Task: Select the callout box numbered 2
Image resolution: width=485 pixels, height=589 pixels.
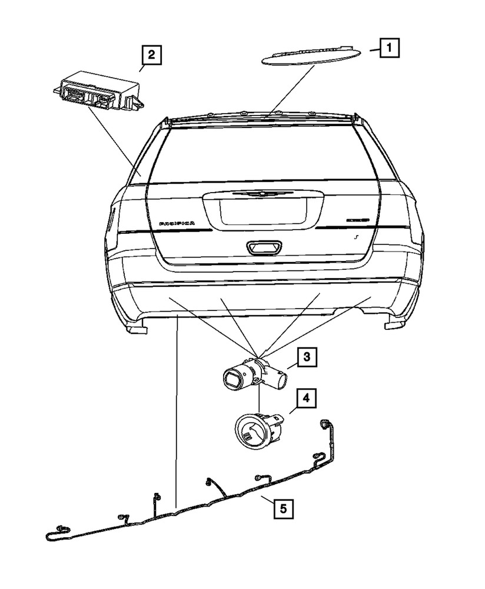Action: pyautogui.click(x=151, y=56)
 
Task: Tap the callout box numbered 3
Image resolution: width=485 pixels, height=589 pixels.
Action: pyautogui.click(x=307, y=356)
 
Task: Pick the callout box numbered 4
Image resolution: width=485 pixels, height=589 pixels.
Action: pyautogui.click(x=305, y=399)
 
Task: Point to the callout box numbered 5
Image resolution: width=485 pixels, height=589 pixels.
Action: pyautogui.click(x=283, y=507)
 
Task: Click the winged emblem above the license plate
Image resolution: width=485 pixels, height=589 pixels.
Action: pyautogui.click(x=256, y=193)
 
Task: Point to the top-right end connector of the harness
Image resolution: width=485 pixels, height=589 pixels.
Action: pyautogui.click(x=324, y=425)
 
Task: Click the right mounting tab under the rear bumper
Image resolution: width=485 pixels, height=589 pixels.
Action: pyautogui.click(x=391, y=325)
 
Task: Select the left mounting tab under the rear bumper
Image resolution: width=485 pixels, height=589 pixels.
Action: pyautogui.click(x=136, y=329)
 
